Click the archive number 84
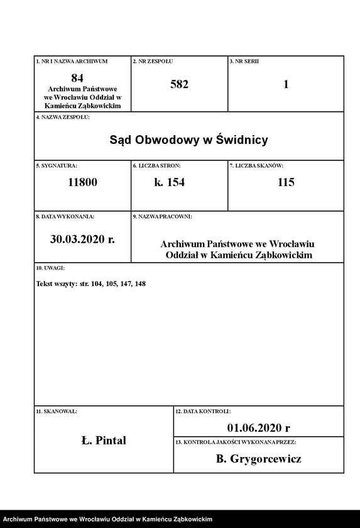pos(77,77)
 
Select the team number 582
pos(179,84)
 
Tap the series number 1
pos(286,84)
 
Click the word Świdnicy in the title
pos(242,140)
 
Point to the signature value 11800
pos(83,182)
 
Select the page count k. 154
pos(170,182)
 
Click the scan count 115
pos(286,182)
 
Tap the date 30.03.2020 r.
pos(82,239)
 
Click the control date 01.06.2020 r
pos(258,428)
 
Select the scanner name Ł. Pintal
pos(104,440)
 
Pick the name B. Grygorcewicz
pos(258,459)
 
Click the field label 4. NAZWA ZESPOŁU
pos(63,117)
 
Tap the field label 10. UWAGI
pos(50,268)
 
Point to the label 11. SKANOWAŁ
pos(57,411)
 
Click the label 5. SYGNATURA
pos(57,165)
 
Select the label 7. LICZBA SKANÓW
pos(256,165)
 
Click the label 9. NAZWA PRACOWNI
pos(162,216)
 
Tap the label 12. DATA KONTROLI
pos(202,411)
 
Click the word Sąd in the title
pos(122,140)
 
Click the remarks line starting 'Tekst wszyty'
pos(91,284)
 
